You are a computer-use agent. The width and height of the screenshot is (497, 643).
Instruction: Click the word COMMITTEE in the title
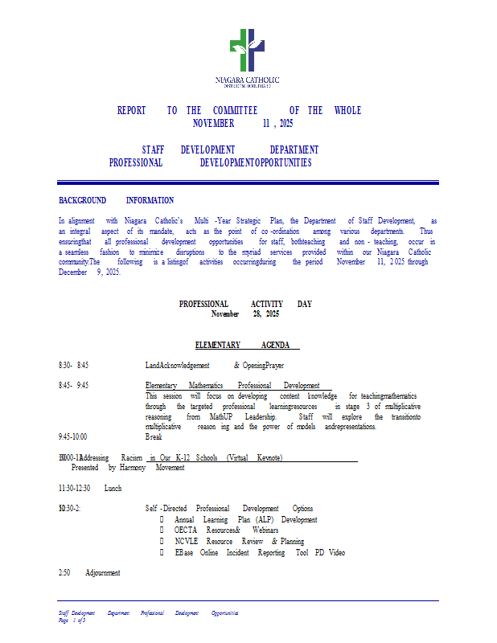point(235,111)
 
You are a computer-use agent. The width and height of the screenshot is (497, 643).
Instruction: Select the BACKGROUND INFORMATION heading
point(116,200)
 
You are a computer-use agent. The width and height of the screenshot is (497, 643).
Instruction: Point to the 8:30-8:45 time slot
point(73,365)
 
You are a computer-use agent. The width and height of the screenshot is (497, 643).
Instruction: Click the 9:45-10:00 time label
point(73,437)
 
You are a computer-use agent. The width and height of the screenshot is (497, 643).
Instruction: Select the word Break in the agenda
point(154,437)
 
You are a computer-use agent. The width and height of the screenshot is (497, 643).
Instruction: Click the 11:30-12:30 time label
point(74,488)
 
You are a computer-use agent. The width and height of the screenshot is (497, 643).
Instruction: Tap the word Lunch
point(113,488)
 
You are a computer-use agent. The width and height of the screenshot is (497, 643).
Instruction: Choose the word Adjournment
point(102,573)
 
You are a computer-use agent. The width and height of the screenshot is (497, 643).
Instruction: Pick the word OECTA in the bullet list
point(187,531)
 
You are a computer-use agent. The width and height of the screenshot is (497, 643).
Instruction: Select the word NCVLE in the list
point(187,543)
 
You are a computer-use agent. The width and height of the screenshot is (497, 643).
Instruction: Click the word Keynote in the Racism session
point(269,457)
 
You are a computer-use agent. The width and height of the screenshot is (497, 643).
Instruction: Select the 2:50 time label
point(65,573)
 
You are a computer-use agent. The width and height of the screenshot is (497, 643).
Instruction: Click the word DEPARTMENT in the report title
point(294,149)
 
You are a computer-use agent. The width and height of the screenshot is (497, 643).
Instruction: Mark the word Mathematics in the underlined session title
point(206,386)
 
